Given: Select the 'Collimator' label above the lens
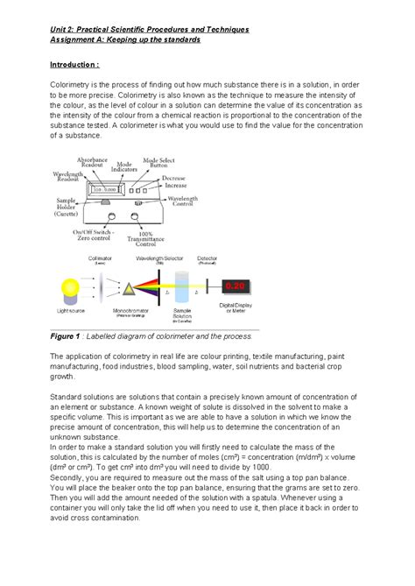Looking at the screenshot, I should tap(100, 259).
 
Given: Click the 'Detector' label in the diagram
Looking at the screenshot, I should tap(232, 259).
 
